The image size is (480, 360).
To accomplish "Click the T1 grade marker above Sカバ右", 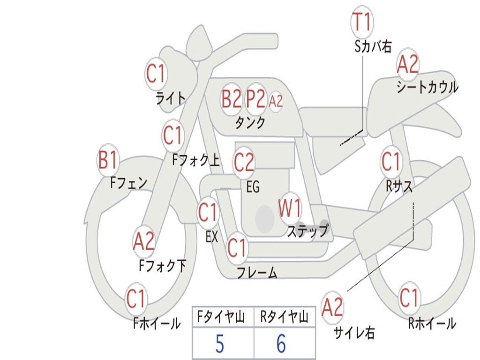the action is click(361, 22).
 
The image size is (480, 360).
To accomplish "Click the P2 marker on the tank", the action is click(256, 99).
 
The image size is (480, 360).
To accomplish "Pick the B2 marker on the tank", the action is click(232, 99).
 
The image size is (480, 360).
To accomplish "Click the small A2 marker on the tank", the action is click(276, 101).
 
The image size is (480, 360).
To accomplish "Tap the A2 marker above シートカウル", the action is click(407, 65).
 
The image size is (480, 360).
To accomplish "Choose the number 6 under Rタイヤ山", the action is click(281, 344).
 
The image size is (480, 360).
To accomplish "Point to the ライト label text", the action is click(170, 98).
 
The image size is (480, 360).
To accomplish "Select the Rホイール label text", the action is click(432, 323).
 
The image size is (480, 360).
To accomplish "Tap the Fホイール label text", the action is click(157, 323).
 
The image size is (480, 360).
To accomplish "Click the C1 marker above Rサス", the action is click(390, 162).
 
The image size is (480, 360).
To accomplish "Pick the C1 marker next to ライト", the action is click(156, 73).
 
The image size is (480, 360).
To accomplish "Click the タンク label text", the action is click(250, 123).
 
